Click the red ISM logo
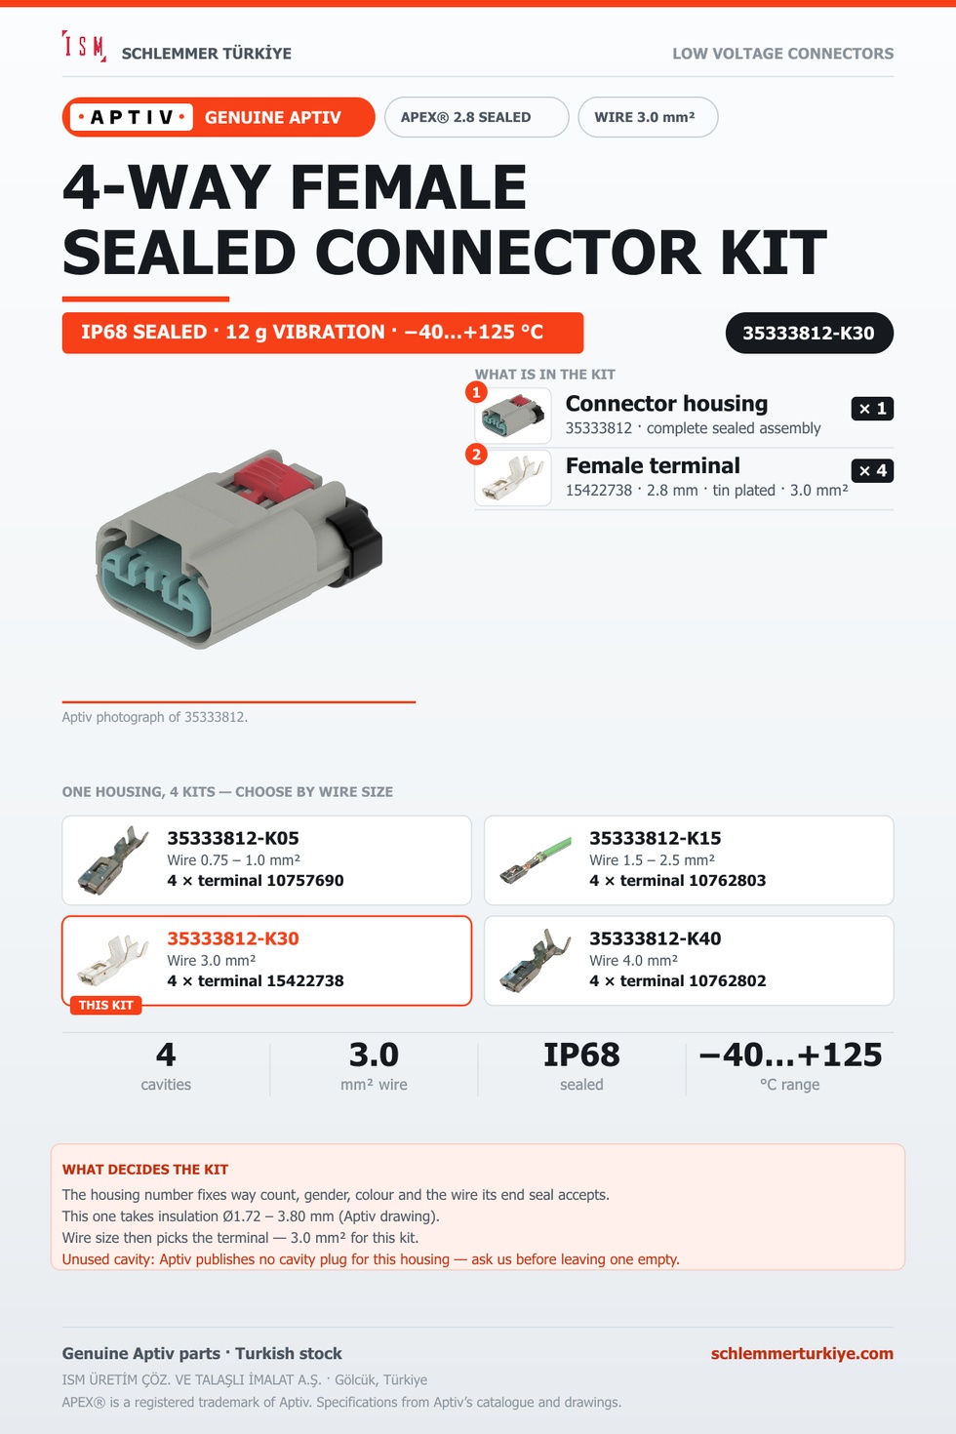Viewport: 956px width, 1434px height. point(84,46)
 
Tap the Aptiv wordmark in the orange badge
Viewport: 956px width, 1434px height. point(132,117)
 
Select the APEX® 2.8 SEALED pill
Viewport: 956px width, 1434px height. point(476,117)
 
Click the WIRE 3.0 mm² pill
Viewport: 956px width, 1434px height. point(648,117)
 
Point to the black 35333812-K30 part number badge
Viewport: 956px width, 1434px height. point(810,333)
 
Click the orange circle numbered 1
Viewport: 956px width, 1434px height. point(476,392)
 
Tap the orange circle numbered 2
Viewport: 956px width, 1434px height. point(476,455)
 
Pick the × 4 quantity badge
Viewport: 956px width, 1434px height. point(872,470)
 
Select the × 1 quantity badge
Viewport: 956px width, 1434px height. point(872,409)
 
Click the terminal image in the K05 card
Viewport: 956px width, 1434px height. point(113,859)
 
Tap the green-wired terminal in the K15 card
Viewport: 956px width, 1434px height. point(536,859)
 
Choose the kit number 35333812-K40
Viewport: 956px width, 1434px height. point(655,938)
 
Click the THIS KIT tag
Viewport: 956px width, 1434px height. point(105,1005)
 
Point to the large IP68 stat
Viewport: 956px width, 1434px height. point(581,1055)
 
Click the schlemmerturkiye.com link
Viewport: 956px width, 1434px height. point(802,1353)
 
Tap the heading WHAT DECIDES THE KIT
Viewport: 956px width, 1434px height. point(145,1169)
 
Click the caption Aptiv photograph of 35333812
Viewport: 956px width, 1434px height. point(155,717)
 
